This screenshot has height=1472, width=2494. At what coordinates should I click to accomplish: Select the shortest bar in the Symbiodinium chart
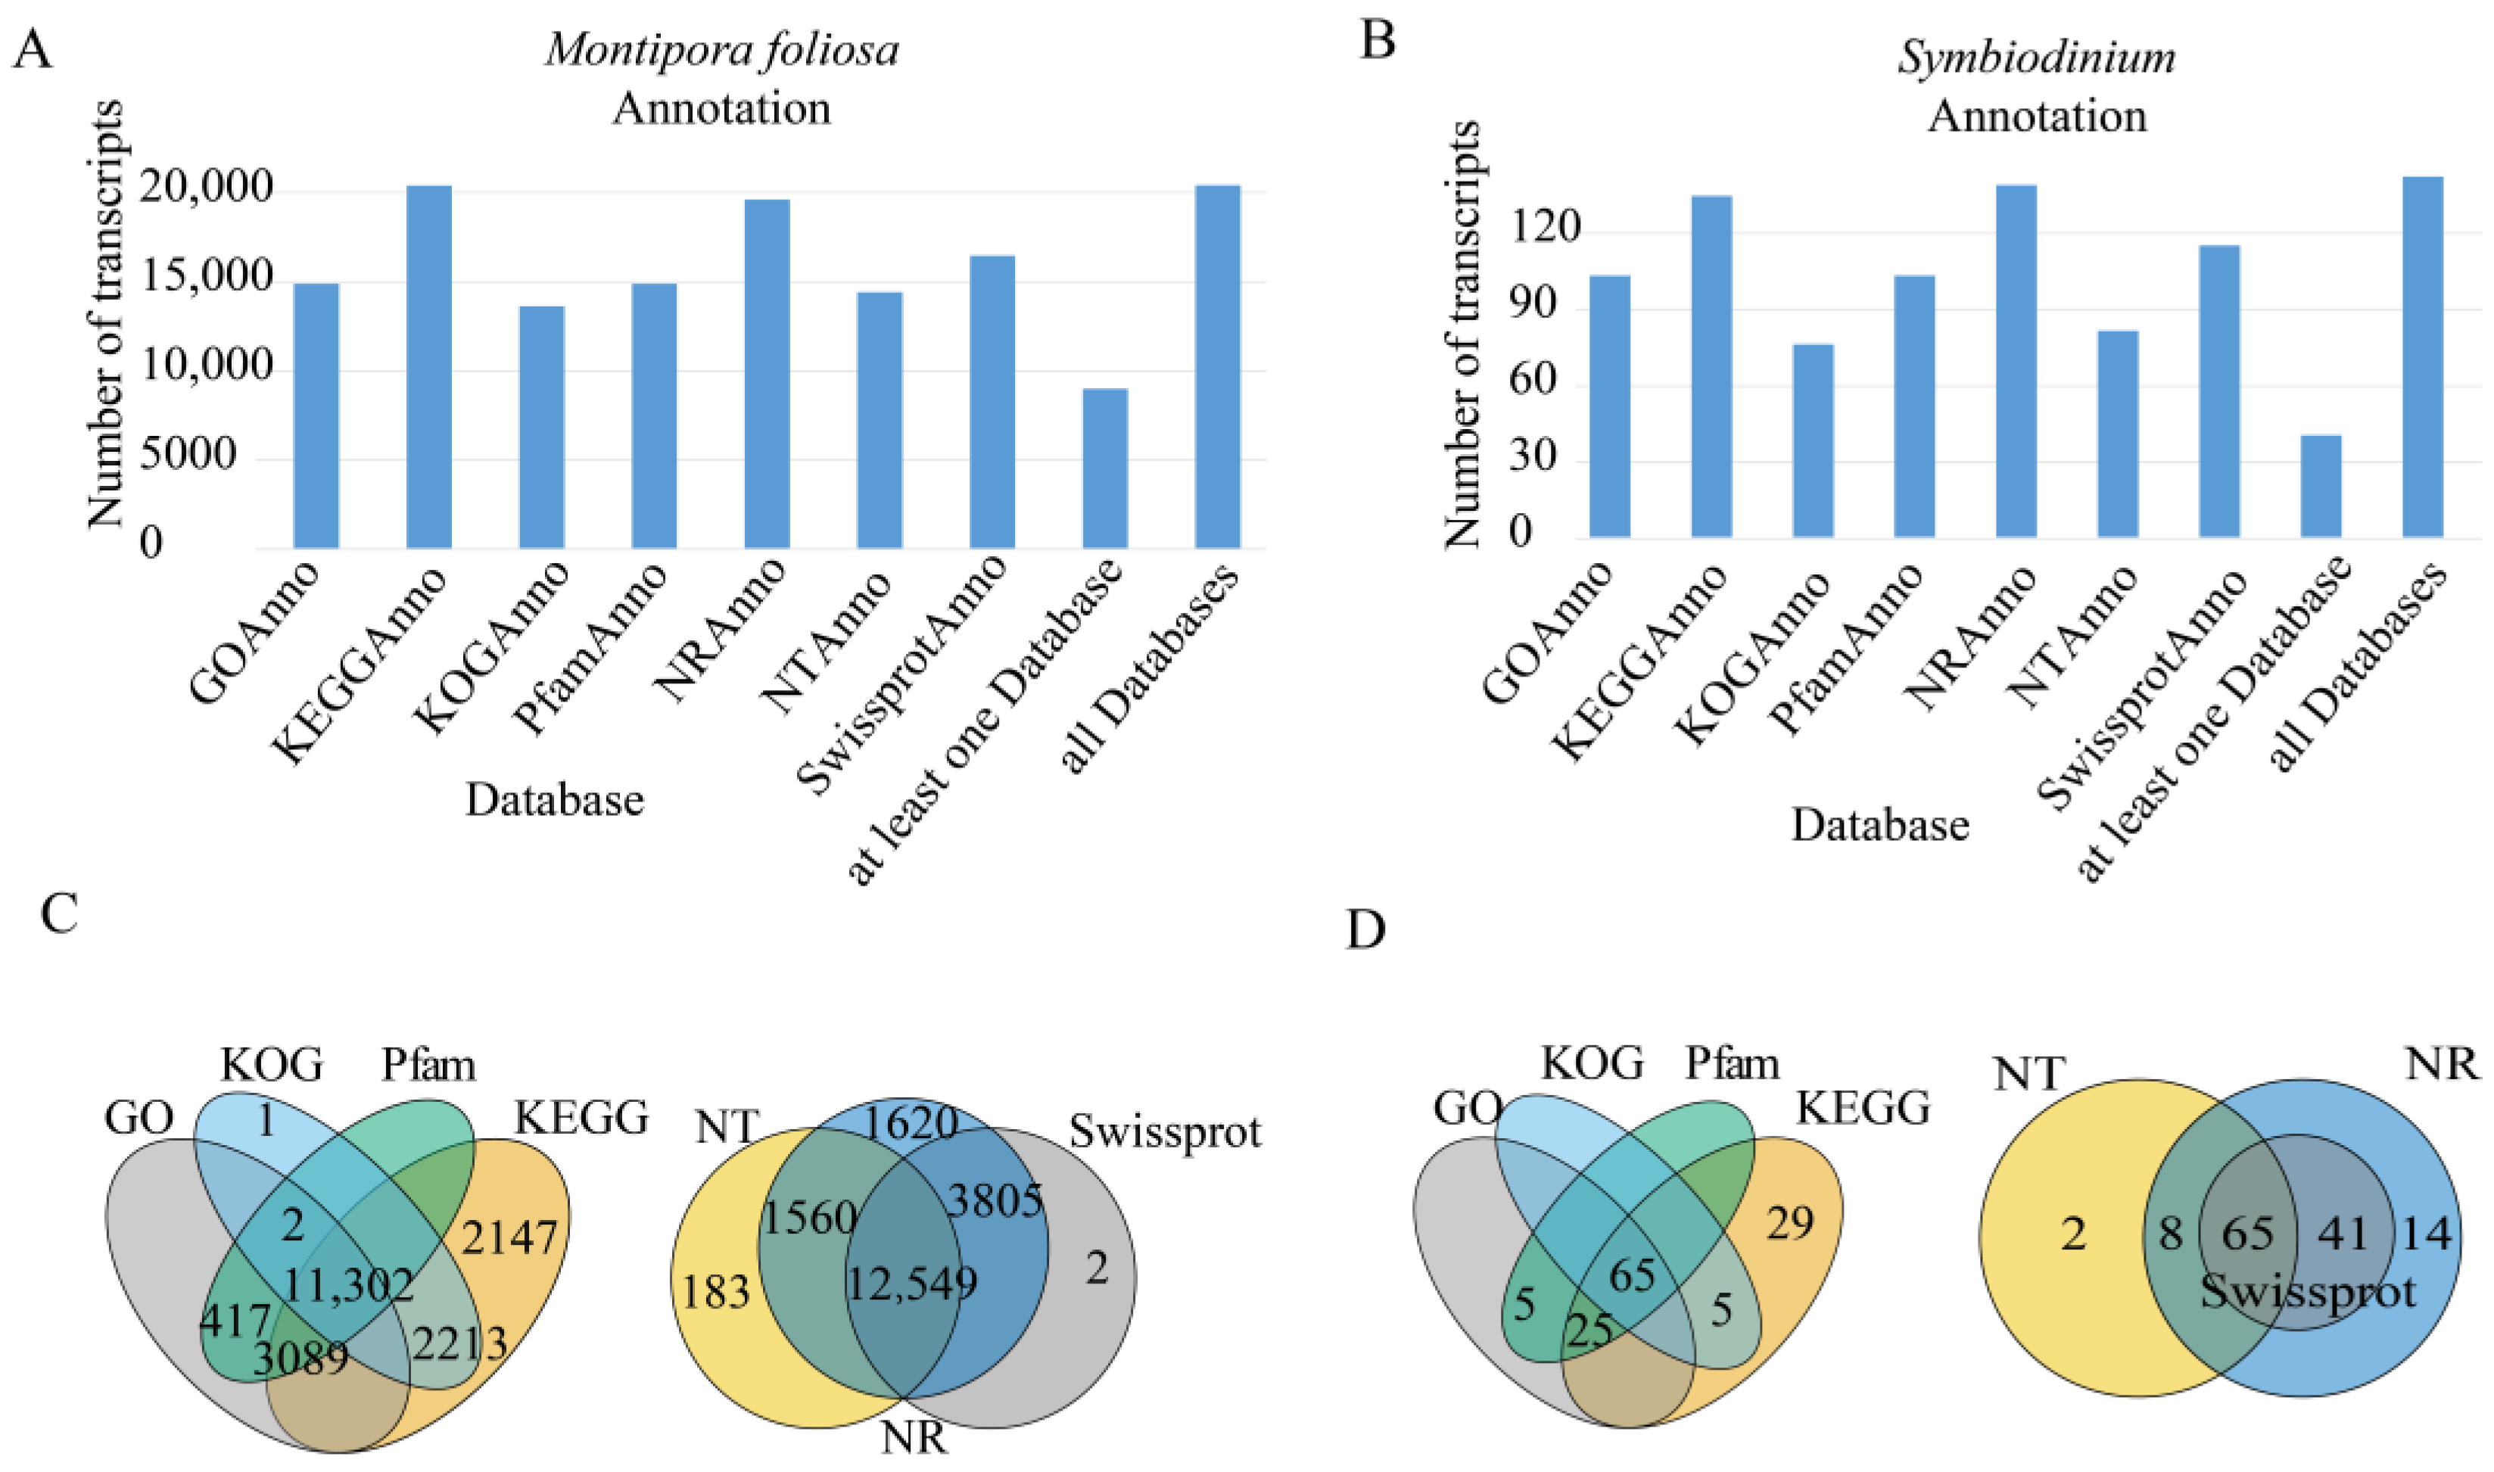[x=2321, y=486]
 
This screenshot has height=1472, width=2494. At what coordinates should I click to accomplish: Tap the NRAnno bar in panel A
[x=767, y=373]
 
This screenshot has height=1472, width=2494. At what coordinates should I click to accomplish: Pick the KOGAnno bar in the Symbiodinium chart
[x=1813, y=440]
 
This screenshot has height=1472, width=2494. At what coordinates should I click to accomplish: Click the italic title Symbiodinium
[x=2037, y=58]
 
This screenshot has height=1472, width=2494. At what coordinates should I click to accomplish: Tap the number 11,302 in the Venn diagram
[x=348, y=1286]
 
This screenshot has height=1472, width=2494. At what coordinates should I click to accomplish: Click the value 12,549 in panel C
[x=911, y=1284]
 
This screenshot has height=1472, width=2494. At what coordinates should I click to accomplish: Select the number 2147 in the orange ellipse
[x=509, y=1237]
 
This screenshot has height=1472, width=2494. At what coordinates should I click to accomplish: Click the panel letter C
[x=60, y=913]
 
